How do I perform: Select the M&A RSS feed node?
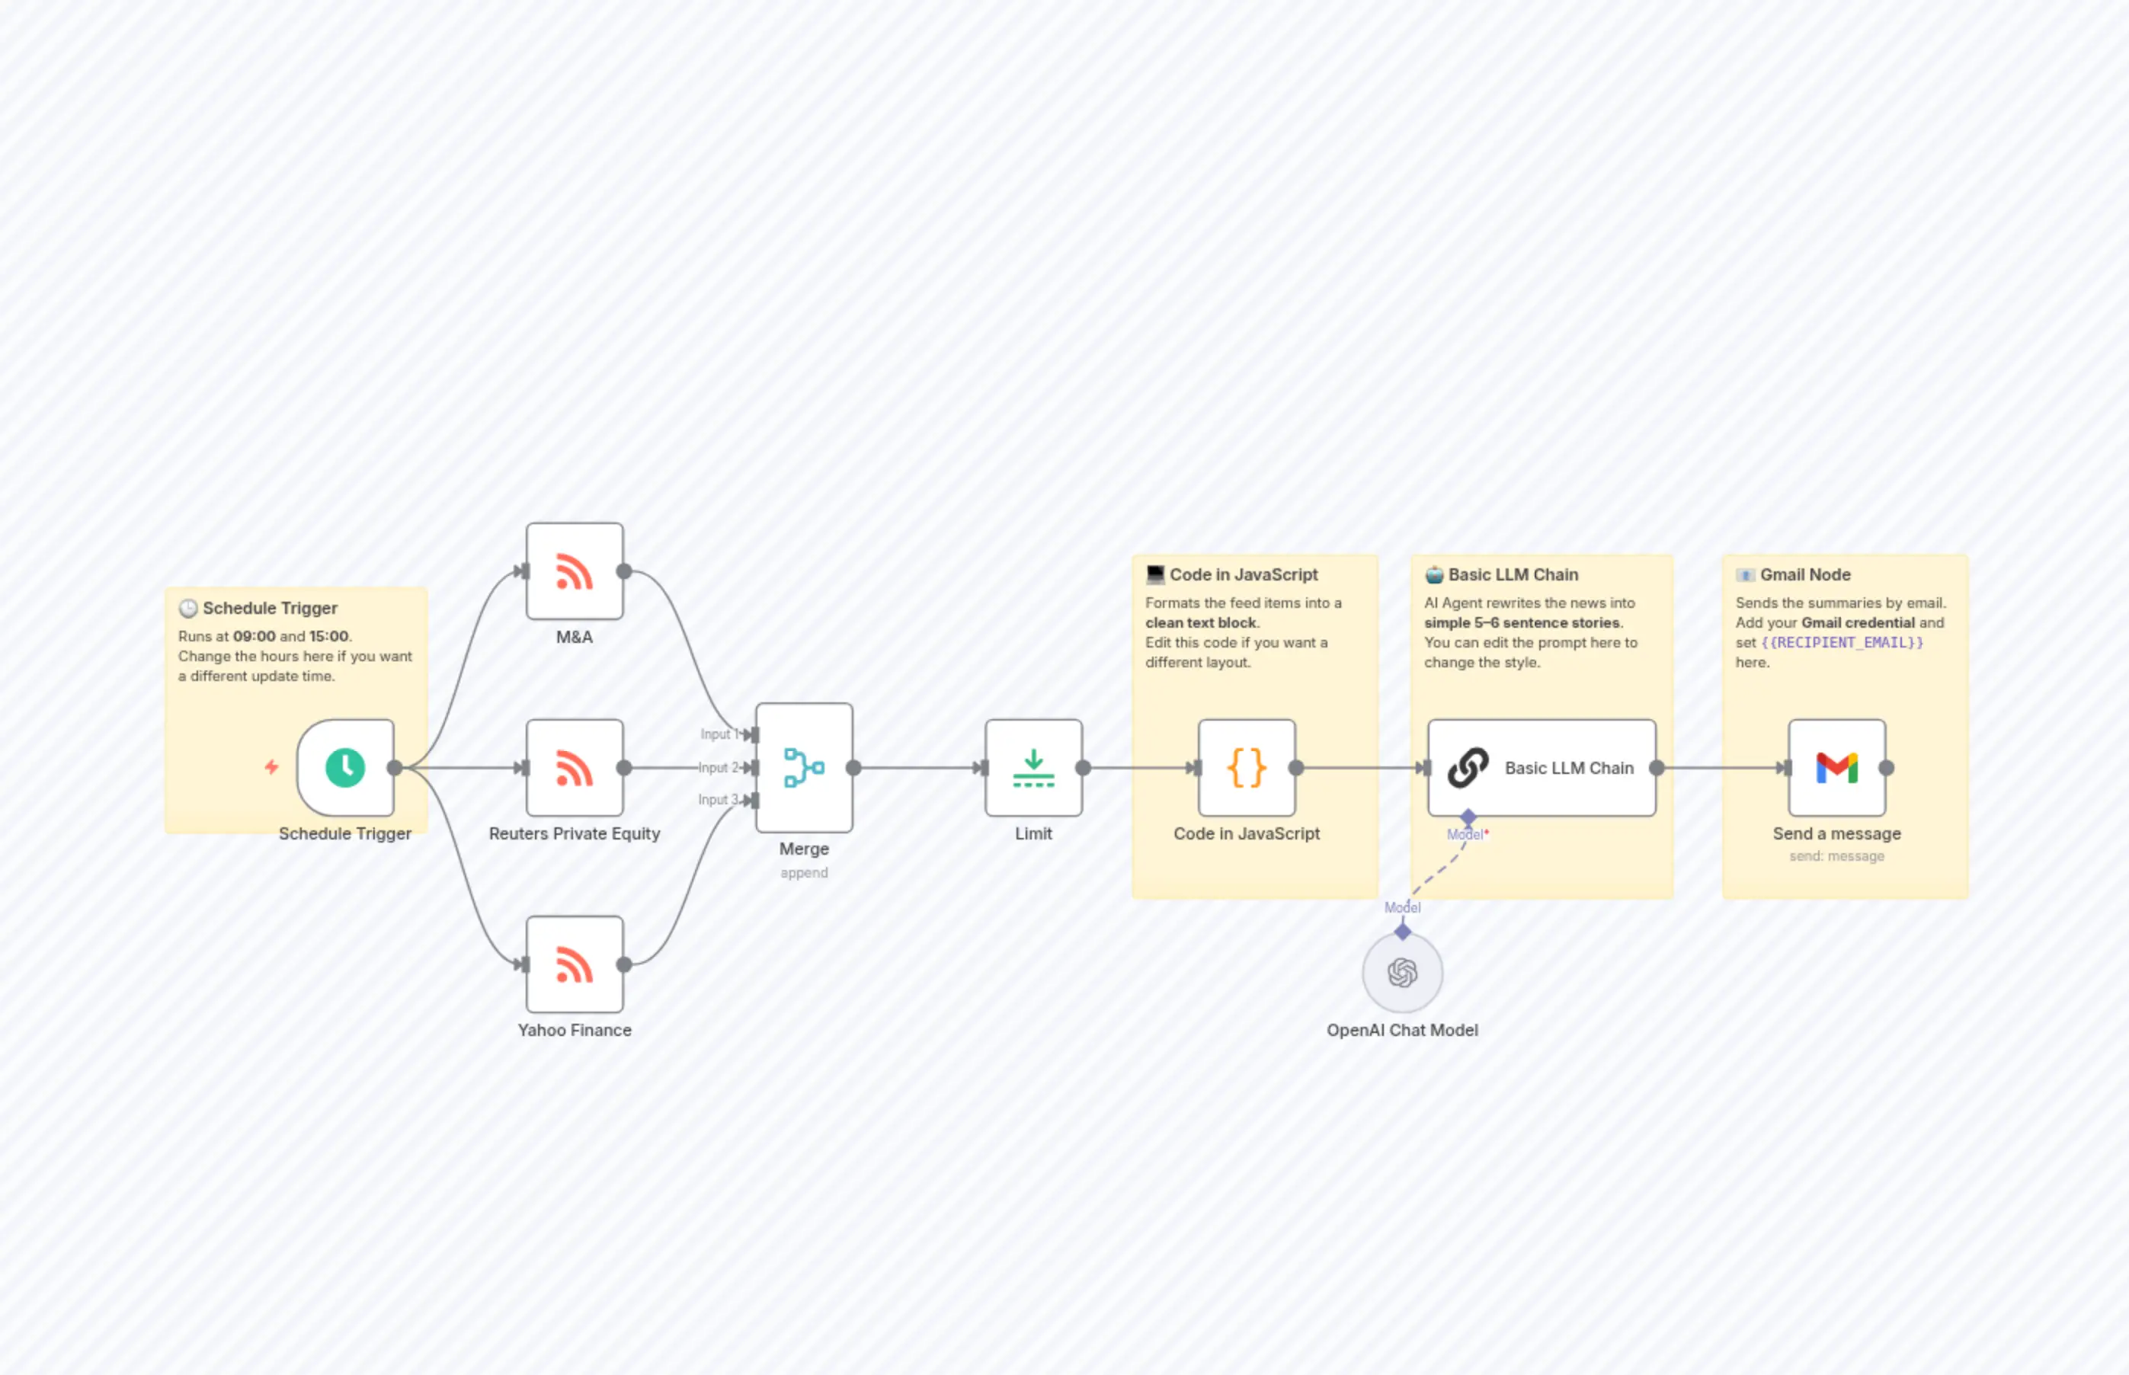(x=575, y=571)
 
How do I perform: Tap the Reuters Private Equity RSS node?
(x=575, y=767)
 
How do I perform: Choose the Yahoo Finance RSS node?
(x=575, y=964)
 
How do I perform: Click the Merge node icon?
(x=804, y=767)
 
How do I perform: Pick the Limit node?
(x=1033, y=767)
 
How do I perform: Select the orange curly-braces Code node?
(x=1246, y=767)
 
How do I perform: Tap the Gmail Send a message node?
(x=1836, y=767)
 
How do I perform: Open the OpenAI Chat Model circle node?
(x=1402, y=972)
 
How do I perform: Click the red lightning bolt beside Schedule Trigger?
(x=271, y=767)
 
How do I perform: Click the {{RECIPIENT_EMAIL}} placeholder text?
(x=1842, y=643)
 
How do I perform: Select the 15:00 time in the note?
(x=328, y=637)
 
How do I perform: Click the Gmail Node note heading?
(x=1805, y=575)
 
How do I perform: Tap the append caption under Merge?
(x=804, y=872)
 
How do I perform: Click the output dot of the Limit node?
(x=1084, y=767)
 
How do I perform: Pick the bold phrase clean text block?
(x=1201, y=623)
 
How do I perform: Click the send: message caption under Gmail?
(x=1836, y=856)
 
